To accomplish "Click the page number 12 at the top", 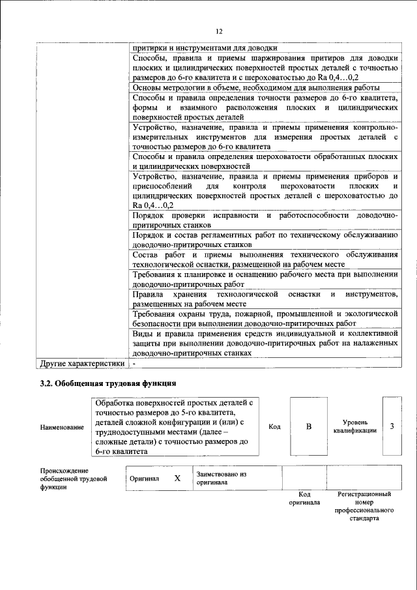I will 219,31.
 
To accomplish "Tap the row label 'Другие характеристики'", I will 82,362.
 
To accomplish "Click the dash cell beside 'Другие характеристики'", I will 134,362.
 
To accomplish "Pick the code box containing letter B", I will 309,426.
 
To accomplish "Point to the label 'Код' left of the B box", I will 274,426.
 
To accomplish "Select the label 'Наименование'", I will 62,427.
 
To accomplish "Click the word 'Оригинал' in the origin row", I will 144,479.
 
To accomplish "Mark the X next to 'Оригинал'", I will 177,479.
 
